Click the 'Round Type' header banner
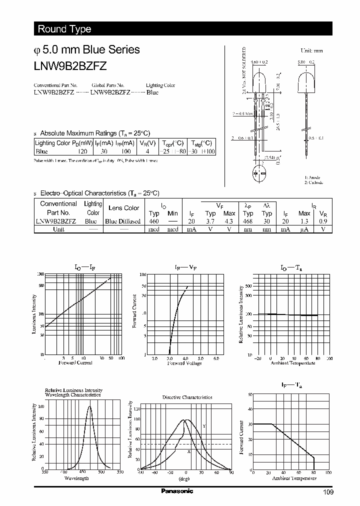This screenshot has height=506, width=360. [x=64, y=29]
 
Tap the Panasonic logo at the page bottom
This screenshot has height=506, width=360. [x=176, y=491]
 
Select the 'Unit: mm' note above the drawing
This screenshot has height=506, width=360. [x=311, y=51]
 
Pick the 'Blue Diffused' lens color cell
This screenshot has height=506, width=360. [x=122, y=221]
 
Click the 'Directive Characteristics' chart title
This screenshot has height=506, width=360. [x=187, y=397]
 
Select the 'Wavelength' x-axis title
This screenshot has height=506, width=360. [x=76, y=478]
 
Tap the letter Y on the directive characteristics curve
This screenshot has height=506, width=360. [x=204, y=426]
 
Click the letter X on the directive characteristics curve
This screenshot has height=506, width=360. [x=189, y=451]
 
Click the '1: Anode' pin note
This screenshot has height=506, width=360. [x=312, y=177]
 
